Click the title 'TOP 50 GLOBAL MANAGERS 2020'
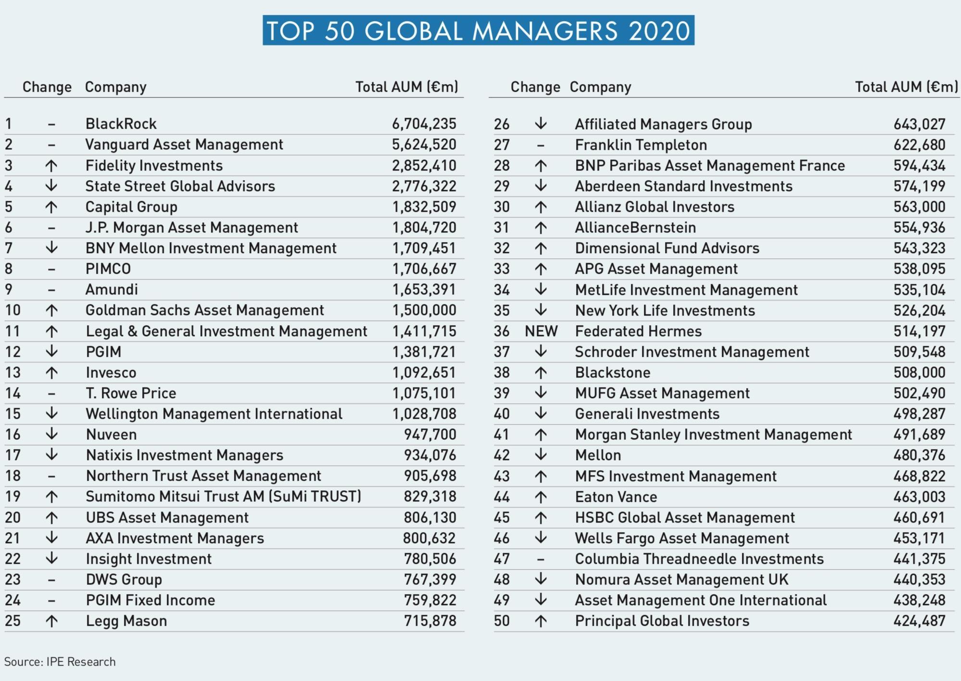pos(478,31)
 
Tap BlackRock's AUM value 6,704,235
pos(424,124)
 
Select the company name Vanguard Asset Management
pos(184,145)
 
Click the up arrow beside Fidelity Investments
pos(51,166)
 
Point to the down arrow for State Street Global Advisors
pos(51,186)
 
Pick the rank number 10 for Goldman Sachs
pos(13,310)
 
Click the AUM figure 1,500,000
pos(424,310)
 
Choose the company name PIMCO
pos(108,269)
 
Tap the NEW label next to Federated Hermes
pos(541,331)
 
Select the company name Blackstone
pos(613,373)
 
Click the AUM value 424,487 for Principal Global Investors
pos(919,621)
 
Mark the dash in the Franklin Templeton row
pos(541,145)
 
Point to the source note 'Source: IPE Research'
pos(60,662)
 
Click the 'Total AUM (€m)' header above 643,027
pos(906,87)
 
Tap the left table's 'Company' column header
pos(116,87)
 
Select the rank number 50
pos(502,621)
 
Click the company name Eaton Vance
pos(616,497)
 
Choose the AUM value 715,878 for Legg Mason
pos(430,621)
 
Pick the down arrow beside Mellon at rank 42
pos(541,455)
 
